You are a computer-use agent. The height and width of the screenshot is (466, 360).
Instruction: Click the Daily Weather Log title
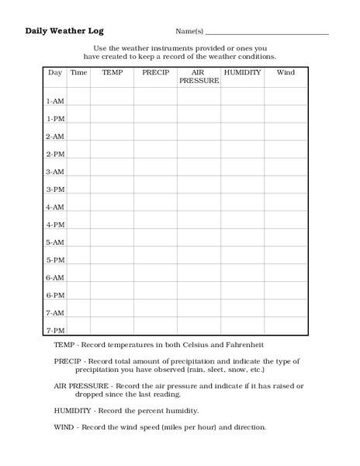pyautogui.click(x=64, y=31)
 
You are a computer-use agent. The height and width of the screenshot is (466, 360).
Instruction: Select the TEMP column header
pyautogui.click(x=112, y=72)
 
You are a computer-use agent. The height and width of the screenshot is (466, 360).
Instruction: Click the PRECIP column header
pyautogui.click(x=155, y=72)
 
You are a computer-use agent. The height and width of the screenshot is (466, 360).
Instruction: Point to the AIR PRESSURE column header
pyautogui.click(x=199, y=76)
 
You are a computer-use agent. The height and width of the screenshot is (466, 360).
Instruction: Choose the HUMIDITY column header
pyautogui.click(x=242, y=72)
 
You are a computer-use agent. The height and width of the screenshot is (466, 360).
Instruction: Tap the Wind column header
pyautogui.click(x=286, y=72)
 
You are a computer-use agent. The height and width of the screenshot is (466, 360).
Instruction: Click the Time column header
pyautogui.click(x=78, y=72)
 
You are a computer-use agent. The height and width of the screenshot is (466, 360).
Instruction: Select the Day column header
pyautogui.click(x=54, y=72)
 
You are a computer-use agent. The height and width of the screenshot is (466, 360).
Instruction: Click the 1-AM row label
pyautogui.click(x=54, y=101)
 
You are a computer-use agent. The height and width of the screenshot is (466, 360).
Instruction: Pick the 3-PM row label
pyautogui.click(x=54, y=190)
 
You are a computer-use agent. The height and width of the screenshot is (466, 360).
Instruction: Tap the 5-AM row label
pyautogui.click(x=54, y=242)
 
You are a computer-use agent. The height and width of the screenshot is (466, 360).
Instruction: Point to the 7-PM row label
pyautogui.click(x=54, y=330)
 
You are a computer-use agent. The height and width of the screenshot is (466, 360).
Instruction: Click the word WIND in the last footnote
pyautogui.click(x=64, y=427)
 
